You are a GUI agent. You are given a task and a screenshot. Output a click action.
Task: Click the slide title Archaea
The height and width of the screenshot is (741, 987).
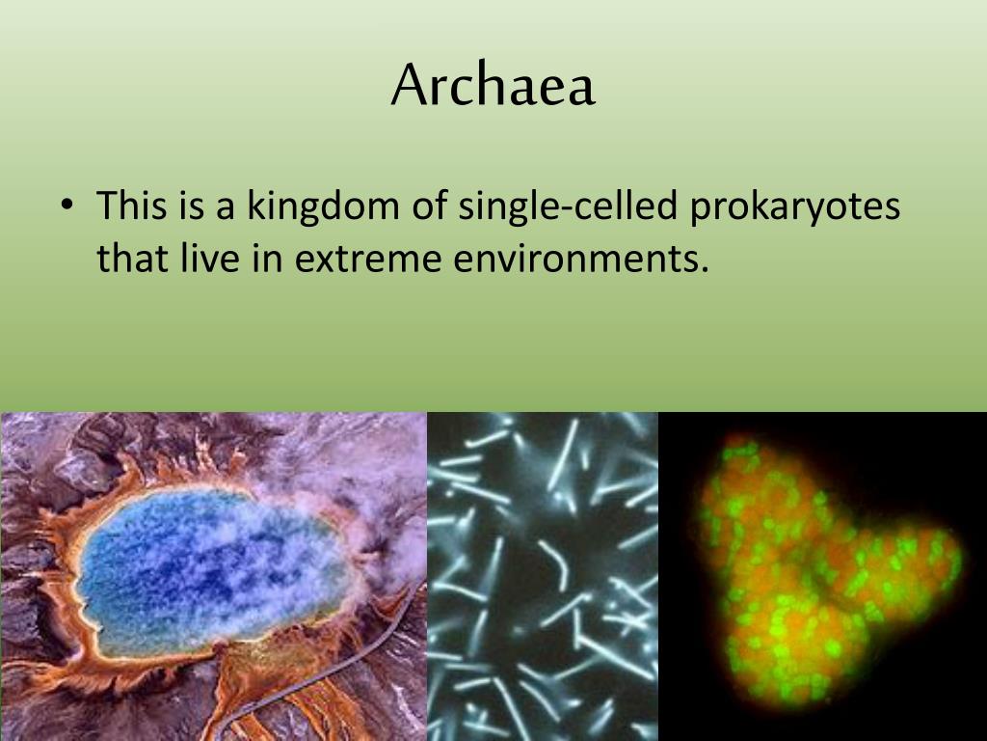[x=493, y=86]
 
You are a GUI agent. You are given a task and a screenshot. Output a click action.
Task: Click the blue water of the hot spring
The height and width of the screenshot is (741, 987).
[x=193, y=560]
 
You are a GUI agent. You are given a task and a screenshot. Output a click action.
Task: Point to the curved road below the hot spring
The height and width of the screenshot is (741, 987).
[x=318, y=675]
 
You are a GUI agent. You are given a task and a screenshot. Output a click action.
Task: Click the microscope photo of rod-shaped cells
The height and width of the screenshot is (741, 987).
[x=542, y=576]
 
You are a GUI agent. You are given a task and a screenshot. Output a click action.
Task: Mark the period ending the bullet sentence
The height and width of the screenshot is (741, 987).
[x=704, y=269]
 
